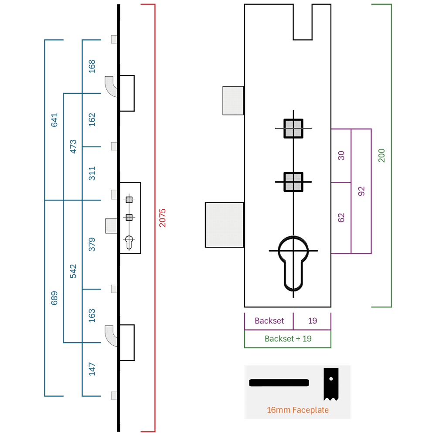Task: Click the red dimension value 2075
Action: pos(162,218)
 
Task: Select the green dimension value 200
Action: pos(381,156)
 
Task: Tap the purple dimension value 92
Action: pos(361,191)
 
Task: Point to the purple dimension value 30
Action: pos(341,156)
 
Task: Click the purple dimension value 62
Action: pos(341,218)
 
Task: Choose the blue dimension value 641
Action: pos(54,120)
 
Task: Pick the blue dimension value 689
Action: pos(54,298)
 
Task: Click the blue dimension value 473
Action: pos(73,146)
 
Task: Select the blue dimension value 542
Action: pos(73,271)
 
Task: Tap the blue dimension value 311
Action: pos(92,174)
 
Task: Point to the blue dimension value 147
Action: pos(92,369)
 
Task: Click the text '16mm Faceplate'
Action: pos(297,410)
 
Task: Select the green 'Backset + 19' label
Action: pos(288,339)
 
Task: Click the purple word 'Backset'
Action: pos(269,321)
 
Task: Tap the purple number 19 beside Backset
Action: pos(312,321)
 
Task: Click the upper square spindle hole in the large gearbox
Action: pos(293,129)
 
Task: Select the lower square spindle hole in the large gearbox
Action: pos(293,182)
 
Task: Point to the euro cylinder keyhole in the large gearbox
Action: pos(293,263)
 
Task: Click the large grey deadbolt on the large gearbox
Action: pos(225,225)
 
